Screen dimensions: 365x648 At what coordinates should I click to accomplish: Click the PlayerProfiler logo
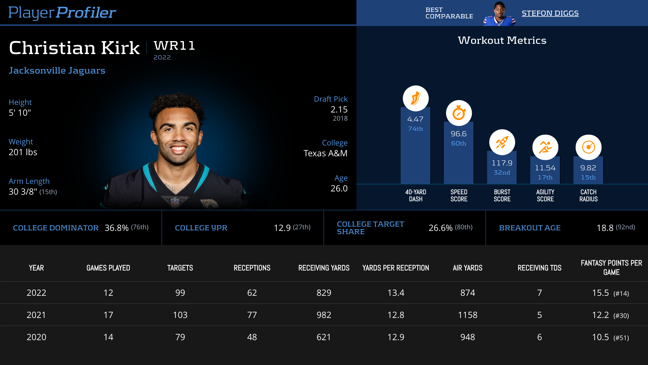pyautogui.click(x=62, y=13)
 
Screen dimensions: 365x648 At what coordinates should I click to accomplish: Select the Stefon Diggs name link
pyautogui.click(x=550, y=13)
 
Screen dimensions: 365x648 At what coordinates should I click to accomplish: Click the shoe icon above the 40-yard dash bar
pyautogui.click(x=416, y=98)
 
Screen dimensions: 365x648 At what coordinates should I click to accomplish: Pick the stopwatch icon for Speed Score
pyautogui.click(x=459, y=113)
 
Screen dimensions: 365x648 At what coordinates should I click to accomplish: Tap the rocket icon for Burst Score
pyautogui.click(x=502, y=142)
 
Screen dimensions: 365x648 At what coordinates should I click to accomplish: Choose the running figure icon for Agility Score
pyautogui.click(x=545, y=147)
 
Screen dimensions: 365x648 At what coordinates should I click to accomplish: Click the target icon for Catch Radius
pyautogui.click(x=588, y=147)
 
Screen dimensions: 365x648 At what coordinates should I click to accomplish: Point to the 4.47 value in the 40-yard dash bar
pyautogui.click(x=415, y=119)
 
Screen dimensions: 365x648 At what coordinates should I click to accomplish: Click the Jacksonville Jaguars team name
pyautogui.click(x=57, y=71)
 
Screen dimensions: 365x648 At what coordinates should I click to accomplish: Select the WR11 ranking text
pyautogui.click(x=174, y=46)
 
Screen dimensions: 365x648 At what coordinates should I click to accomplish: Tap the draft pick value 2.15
pyautogui.click(x=339, y=109)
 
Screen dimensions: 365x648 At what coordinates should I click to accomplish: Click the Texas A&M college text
pyautogui.click(x=325, y=153)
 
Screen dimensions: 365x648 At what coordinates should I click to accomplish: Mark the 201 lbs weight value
pyautogui.click(x=23, y=152)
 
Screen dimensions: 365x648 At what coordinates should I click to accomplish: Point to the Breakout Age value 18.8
pyautogui.click(x=605, y=228)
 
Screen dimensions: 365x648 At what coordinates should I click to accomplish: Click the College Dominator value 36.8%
pyautogui.click(x=116, y=228)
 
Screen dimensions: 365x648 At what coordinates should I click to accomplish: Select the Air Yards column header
pyautogui.click(x=467, y=268)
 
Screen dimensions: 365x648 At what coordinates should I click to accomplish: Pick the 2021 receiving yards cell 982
pyautogui.click(x=324, y=315)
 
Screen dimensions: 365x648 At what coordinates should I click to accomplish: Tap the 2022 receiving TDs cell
pyautogui.click(x=539, y=293)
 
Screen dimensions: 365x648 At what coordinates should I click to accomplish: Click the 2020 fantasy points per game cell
pyautogui.click(x=610, y=337)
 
